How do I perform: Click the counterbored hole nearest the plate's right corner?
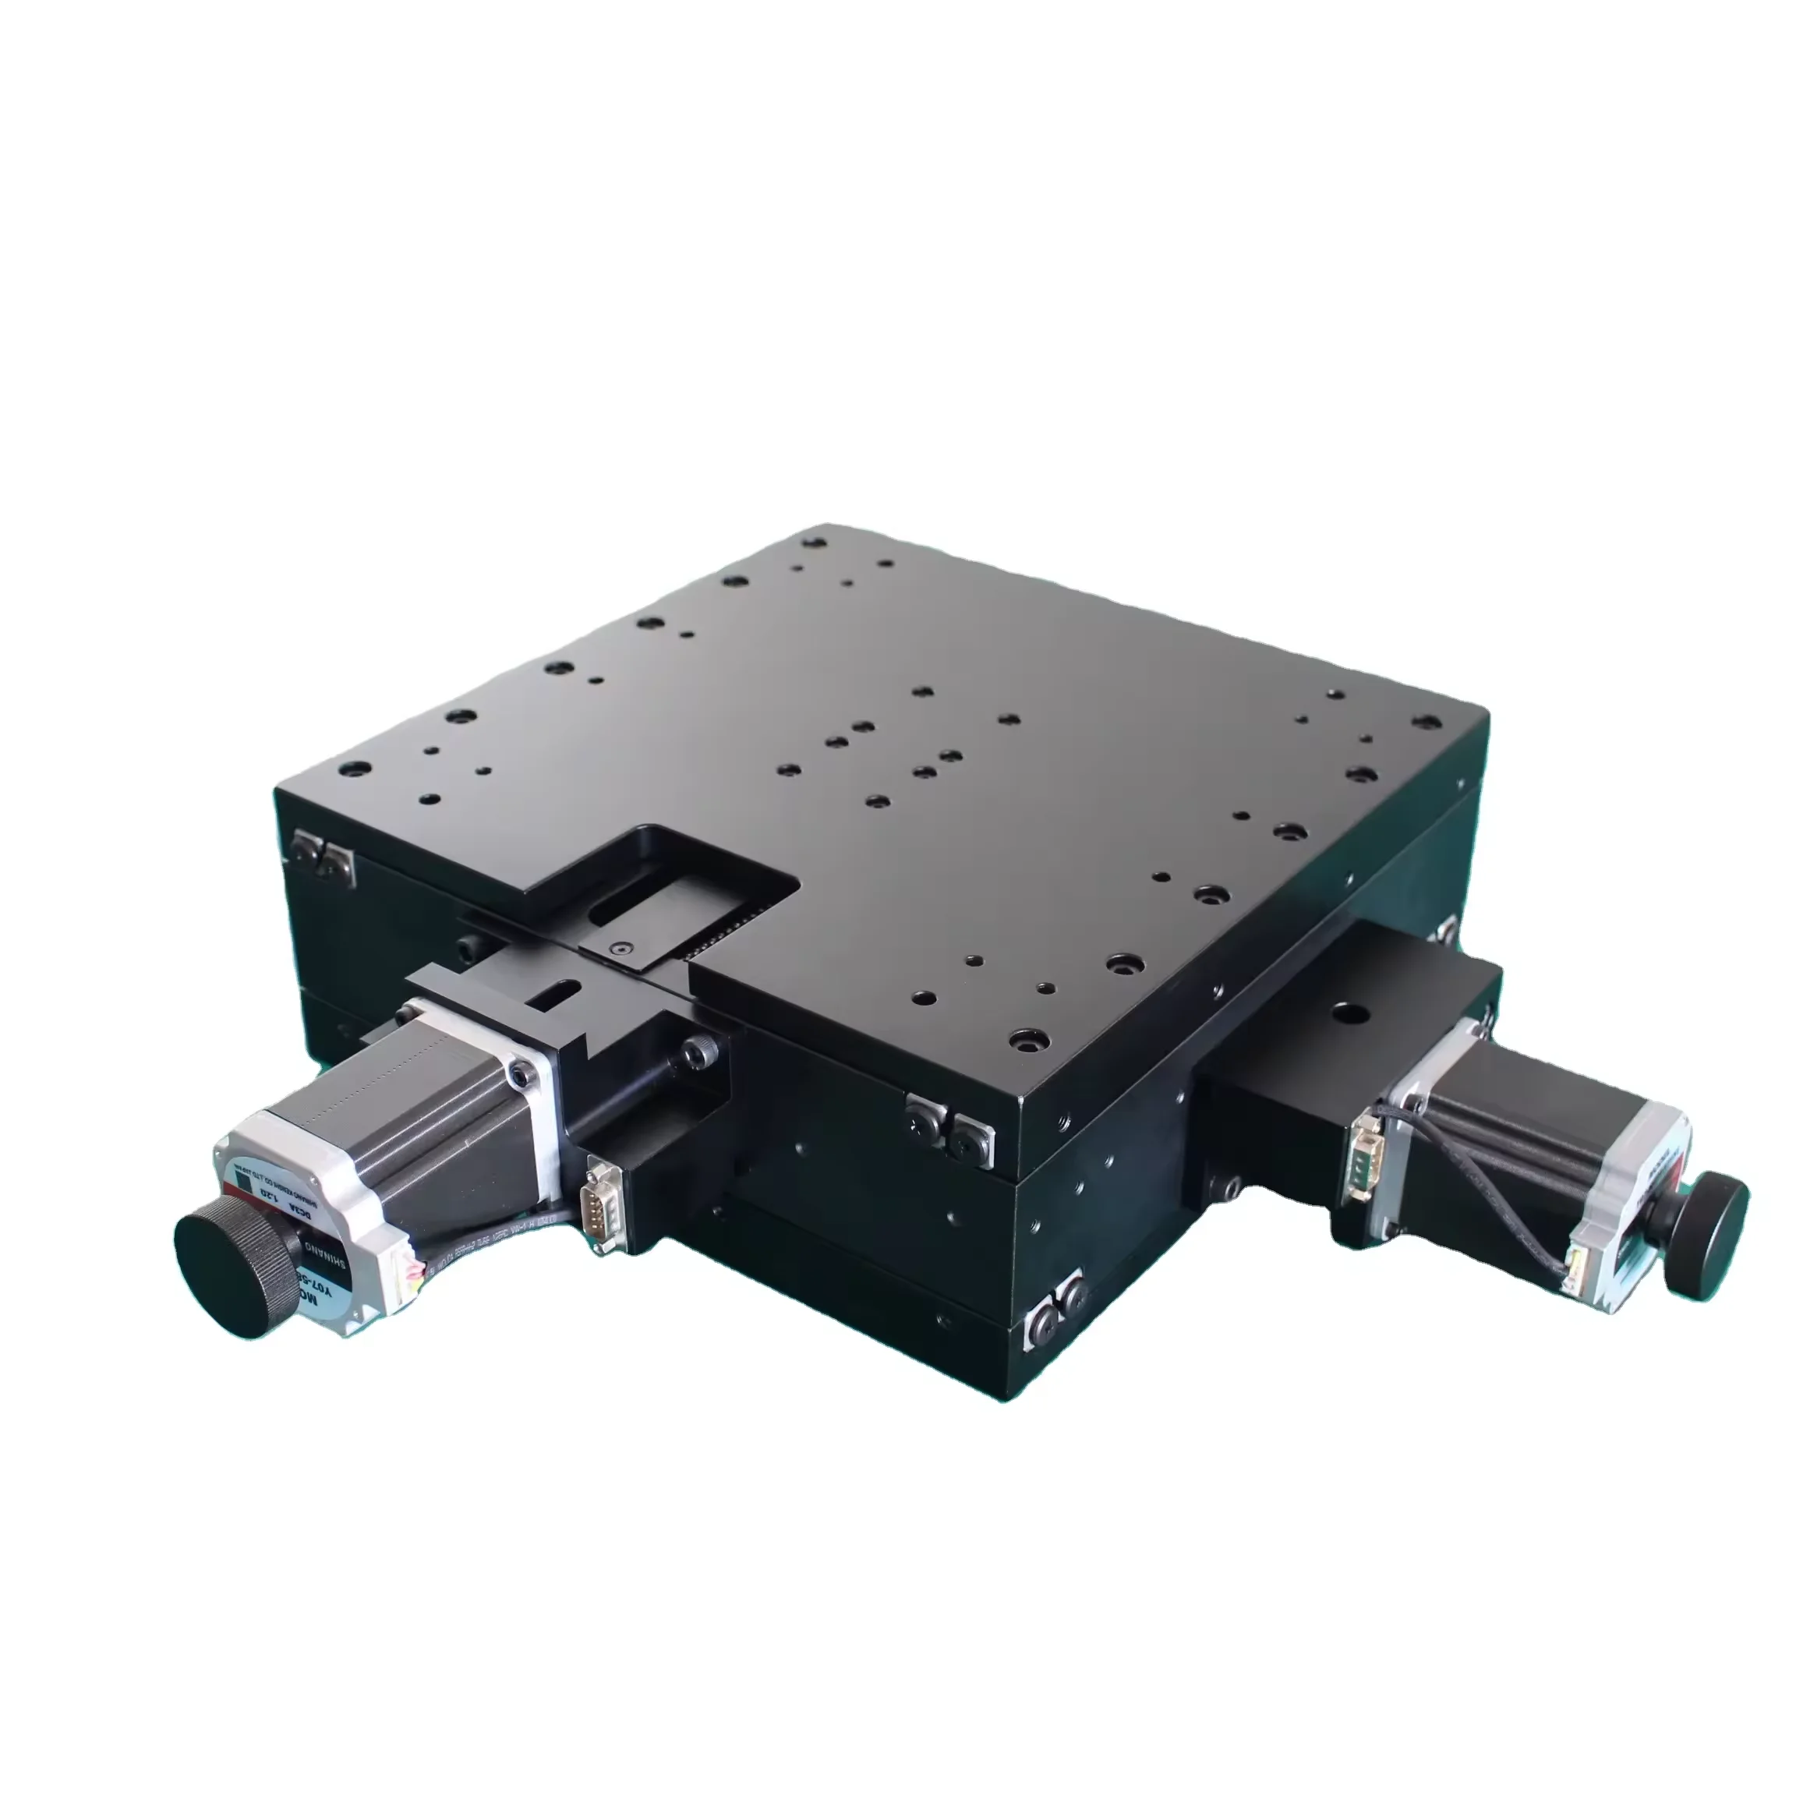[x=1423, y=721]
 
